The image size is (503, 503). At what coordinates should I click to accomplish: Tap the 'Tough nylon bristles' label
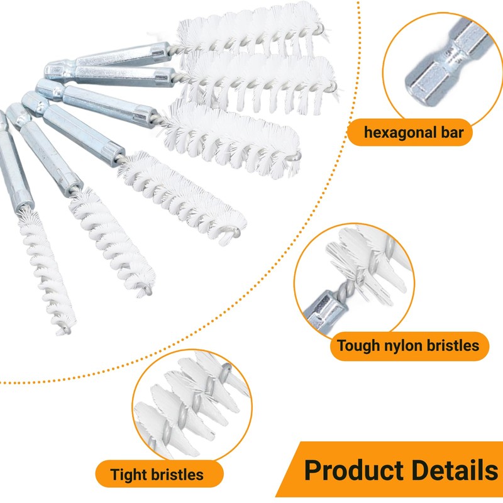pyautogui.click(x=408, y=346)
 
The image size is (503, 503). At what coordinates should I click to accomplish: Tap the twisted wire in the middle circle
pyautogui.click(x=345, y=277)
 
